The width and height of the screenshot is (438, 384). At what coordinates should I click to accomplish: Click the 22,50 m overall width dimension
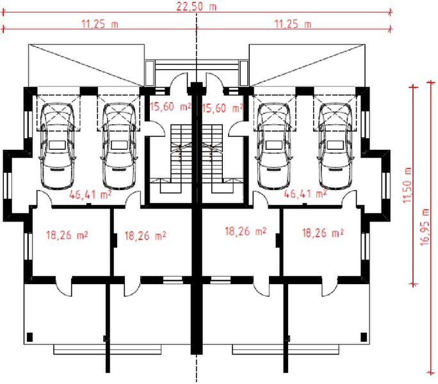(196, 6)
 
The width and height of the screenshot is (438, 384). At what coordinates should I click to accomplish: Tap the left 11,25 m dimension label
(100, 24)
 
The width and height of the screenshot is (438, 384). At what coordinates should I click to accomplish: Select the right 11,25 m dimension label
(293, 24)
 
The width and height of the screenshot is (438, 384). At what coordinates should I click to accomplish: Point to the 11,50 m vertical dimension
(407, 185)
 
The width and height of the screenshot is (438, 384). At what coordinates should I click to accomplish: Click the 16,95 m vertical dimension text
(425, 227)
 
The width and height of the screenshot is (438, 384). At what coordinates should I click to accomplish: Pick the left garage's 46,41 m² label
(90, 195)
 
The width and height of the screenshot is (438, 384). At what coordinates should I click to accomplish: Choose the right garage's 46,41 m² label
(305, 194)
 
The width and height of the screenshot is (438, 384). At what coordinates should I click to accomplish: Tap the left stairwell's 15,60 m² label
(170, 106)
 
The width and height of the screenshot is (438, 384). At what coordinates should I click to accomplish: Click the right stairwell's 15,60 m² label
(222, 108)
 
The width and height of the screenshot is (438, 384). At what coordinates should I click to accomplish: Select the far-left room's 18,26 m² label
(67, 235)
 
